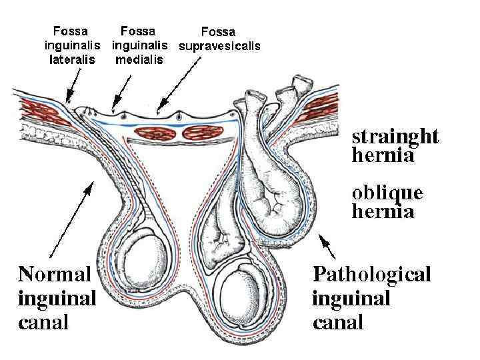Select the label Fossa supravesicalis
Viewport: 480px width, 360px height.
tap(219, 39)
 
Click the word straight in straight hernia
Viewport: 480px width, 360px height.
tap(395, 137)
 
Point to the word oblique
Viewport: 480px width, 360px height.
tap(387, 193)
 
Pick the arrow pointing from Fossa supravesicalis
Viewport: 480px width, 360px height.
tap(175, 80)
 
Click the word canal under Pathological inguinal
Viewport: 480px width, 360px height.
tap(338, 323)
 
